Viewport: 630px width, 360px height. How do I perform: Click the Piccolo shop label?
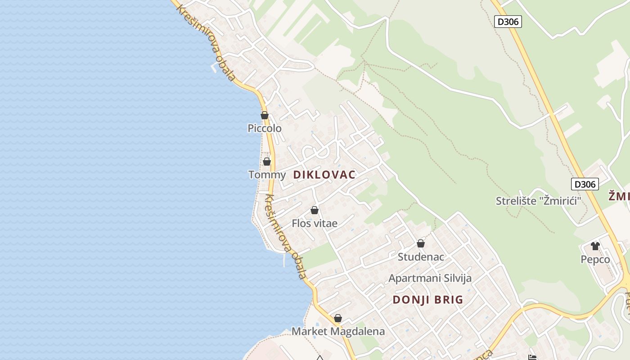tap(265, 128)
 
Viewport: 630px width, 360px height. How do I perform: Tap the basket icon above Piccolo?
tap(265, 115)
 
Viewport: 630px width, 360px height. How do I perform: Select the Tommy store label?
tap(267, 175)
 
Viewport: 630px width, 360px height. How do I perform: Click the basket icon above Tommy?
tap(267, 161)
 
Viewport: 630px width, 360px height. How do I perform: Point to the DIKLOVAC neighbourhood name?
tap(324, 175)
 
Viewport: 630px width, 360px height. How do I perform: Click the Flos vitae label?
tap(315, 223)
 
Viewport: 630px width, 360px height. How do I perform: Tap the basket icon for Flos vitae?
tap(315, 210)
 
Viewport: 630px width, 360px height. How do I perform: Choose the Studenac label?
tap(421, 257)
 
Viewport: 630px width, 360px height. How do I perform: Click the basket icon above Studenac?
tap(421, 243)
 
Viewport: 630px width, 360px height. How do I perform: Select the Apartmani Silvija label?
tap(430, 278)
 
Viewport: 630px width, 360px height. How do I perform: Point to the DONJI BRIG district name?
tap(428, 300)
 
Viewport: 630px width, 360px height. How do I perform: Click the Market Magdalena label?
tap(338, 332)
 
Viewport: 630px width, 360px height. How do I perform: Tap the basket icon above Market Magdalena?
tap(338, 318)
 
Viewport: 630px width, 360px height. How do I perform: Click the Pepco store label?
tap(595, 259)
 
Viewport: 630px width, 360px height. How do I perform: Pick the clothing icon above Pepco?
tap(595, 246)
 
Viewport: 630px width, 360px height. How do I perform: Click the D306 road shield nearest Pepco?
tap(585, 184)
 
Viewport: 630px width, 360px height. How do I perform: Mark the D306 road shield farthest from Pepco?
tap(508, 22)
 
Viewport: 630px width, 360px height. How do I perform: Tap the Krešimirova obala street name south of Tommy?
tap(285, 236)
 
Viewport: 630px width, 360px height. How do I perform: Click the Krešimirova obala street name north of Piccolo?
tap(205, 43)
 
